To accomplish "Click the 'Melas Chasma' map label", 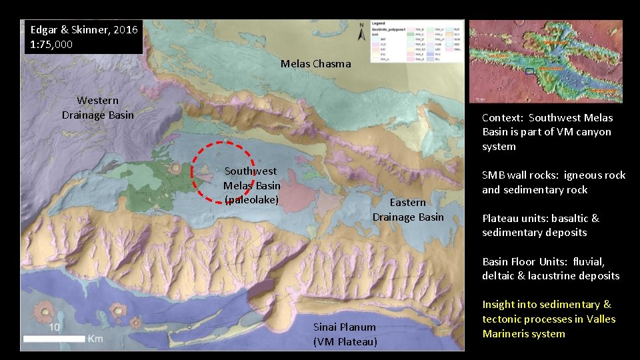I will [315, 64].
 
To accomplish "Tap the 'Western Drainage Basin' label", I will [98, 108].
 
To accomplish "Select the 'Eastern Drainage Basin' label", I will [407, 209].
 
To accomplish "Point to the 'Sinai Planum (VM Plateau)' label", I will [345, 335].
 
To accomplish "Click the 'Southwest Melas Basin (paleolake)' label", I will [251, 185].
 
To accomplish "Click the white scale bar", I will [53, 339].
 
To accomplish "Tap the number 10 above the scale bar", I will [54, 327].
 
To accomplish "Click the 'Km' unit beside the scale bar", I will [95, 339].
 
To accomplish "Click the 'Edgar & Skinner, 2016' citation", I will [84, 29].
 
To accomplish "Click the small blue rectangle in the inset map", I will [530, 70].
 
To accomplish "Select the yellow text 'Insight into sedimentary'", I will [547, 305].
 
